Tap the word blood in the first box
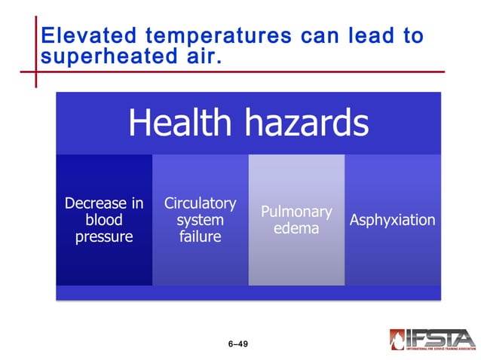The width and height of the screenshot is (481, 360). [104, 220]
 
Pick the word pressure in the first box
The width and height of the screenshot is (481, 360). [104, 236]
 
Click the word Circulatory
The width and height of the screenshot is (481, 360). [200, 203]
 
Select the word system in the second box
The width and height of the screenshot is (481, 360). [200, 220]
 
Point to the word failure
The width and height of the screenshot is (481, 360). [200, 236]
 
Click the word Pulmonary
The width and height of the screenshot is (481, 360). [296, 212]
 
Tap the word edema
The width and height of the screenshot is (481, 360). [296, 228]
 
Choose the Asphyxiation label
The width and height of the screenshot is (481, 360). [392, 220]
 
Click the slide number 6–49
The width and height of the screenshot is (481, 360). [237, 344]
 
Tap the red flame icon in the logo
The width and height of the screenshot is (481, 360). [398, 340]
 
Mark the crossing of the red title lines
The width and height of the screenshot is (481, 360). [35, 72]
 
